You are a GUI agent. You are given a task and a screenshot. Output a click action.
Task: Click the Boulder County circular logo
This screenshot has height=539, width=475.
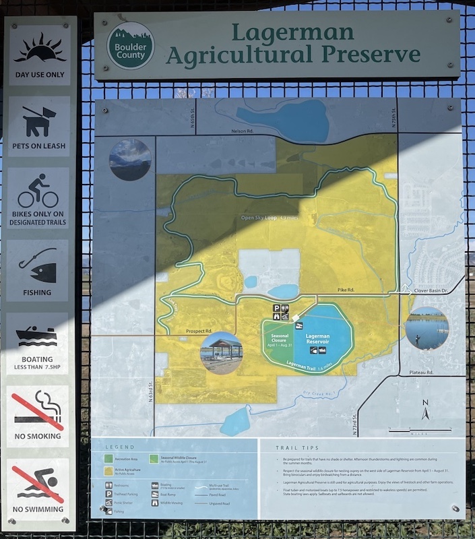pos(131,46)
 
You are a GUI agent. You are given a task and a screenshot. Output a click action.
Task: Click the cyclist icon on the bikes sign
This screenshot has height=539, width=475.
pos(38,191)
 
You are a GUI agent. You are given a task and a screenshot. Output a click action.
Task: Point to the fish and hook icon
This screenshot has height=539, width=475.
pos(38,265)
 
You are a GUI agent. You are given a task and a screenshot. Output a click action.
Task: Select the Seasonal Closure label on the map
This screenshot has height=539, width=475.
pos(280,341)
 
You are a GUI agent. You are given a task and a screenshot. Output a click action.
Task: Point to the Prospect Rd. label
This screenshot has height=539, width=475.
pos(199,331)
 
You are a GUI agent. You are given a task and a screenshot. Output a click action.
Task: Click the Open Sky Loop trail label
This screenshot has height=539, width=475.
pos(269,218)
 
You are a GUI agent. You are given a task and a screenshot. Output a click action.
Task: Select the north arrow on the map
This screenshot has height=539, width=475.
pos(424,409)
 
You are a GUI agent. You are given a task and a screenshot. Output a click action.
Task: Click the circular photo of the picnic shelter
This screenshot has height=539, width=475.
pos(221,353)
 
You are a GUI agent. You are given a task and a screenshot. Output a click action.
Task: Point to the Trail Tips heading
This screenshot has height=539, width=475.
pos(296,447)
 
